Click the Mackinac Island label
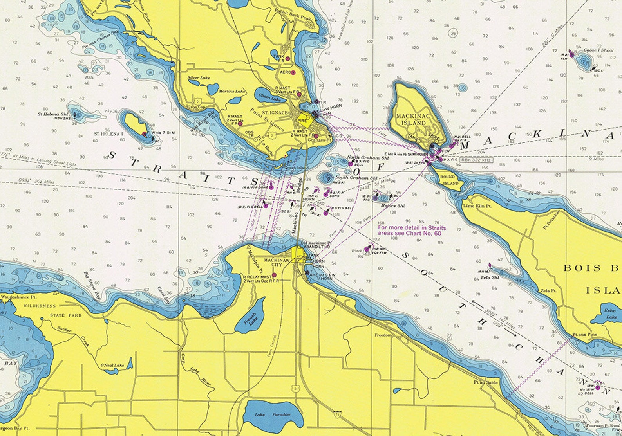410,119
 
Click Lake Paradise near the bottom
273,414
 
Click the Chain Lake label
269,98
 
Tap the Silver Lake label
199,78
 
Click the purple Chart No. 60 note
411,230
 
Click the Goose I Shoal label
598,50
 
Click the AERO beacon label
286,72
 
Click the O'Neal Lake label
112,365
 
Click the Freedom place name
383,335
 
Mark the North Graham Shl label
368,158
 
